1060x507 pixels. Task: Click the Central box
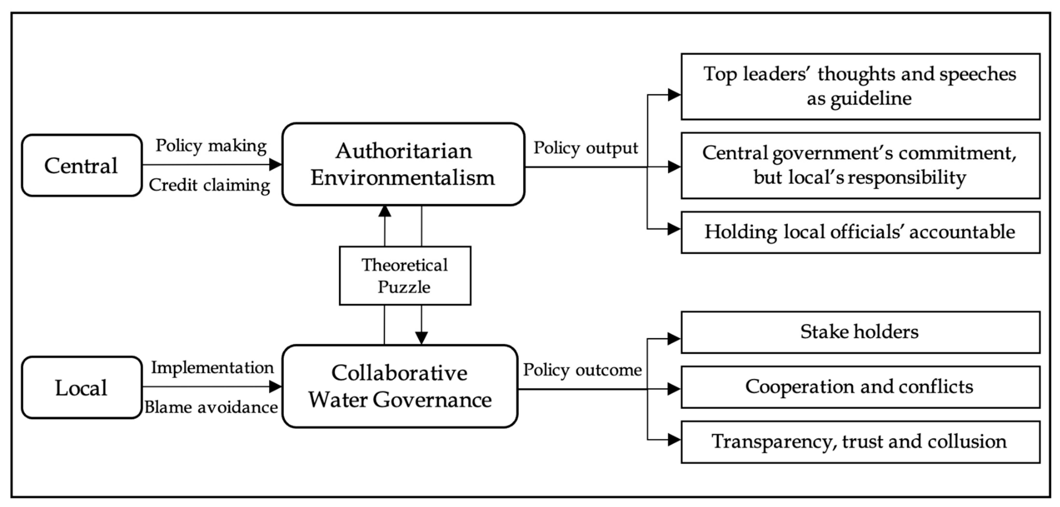click(82, 165)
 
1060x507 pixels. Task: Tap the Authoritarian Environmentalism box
click(403, 164)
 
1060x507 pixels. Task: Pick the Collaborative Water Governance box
click(400, 387)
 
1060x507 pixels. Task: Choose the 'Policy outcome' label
click(582, 370)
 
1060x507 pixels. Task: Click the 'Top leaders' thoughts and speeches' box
click(860, 86)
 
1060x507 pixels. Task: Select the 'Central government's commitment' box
click(860, 165)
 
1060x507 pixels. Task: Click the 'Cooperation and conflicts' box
click(860, 387)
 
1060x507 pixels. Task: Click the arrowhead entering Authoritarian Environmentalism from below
click(384, 211)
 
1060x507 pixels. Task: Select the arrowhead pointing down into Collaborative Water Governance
click(421, 338)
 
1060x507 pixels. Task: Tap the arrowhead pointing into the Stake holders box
click(674, 339)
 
